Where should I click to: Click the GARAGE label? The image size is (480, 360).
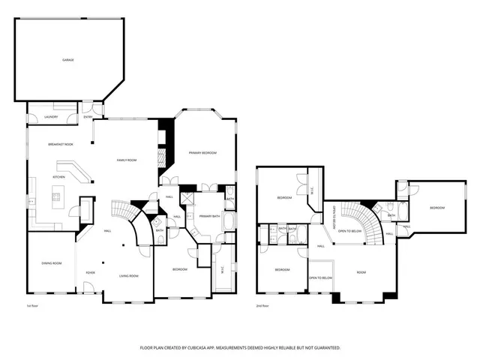[x=67, y=60]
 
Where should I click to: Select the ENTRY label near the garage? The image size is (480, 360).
[x=88, y=117]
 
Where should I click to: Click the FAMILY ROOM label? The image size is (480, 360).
[x=126, y=160]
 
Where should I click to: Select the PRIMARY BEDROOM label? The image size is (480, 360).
[x=202, y=152]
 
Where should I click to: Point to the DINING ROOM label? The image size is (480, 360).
[x=51, y=263]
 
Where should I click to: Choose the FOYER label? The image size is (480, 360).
[x=90, y=273]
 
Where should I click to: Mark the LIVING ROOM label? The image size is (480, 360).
[x=129, y=276]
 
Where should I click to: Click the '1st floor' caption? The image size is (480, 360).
[x=32, y=306]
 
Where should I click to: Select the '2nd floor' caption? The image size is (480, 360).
[x=263, y=306]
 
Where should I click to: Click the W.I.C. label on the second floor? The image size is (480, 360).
[x=311, y=190]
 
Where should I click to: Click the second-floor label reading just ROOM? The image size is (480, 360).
[x=361, y=272]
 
